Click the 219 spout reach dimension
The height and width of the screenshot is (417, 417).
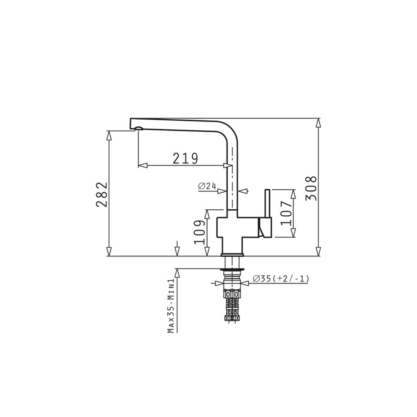tap(186, 158)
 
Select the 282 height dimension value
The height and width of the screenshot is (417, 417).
tap(102, 194)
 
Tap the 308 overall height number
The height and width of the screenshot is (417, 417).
tap(311, 188)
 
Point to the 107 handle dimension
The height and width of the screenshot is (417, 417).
tap(286, 213)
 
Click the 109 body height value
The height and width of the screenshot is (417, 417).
tap(200, 232)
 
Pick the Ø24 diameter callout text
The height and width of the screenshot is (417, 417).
tap(207, 186)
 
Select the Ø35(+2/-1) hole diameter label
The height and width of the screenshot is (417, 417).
tap(281, 279)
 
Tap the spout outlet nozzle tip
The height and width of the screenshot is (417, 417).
tap(139, 129)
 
